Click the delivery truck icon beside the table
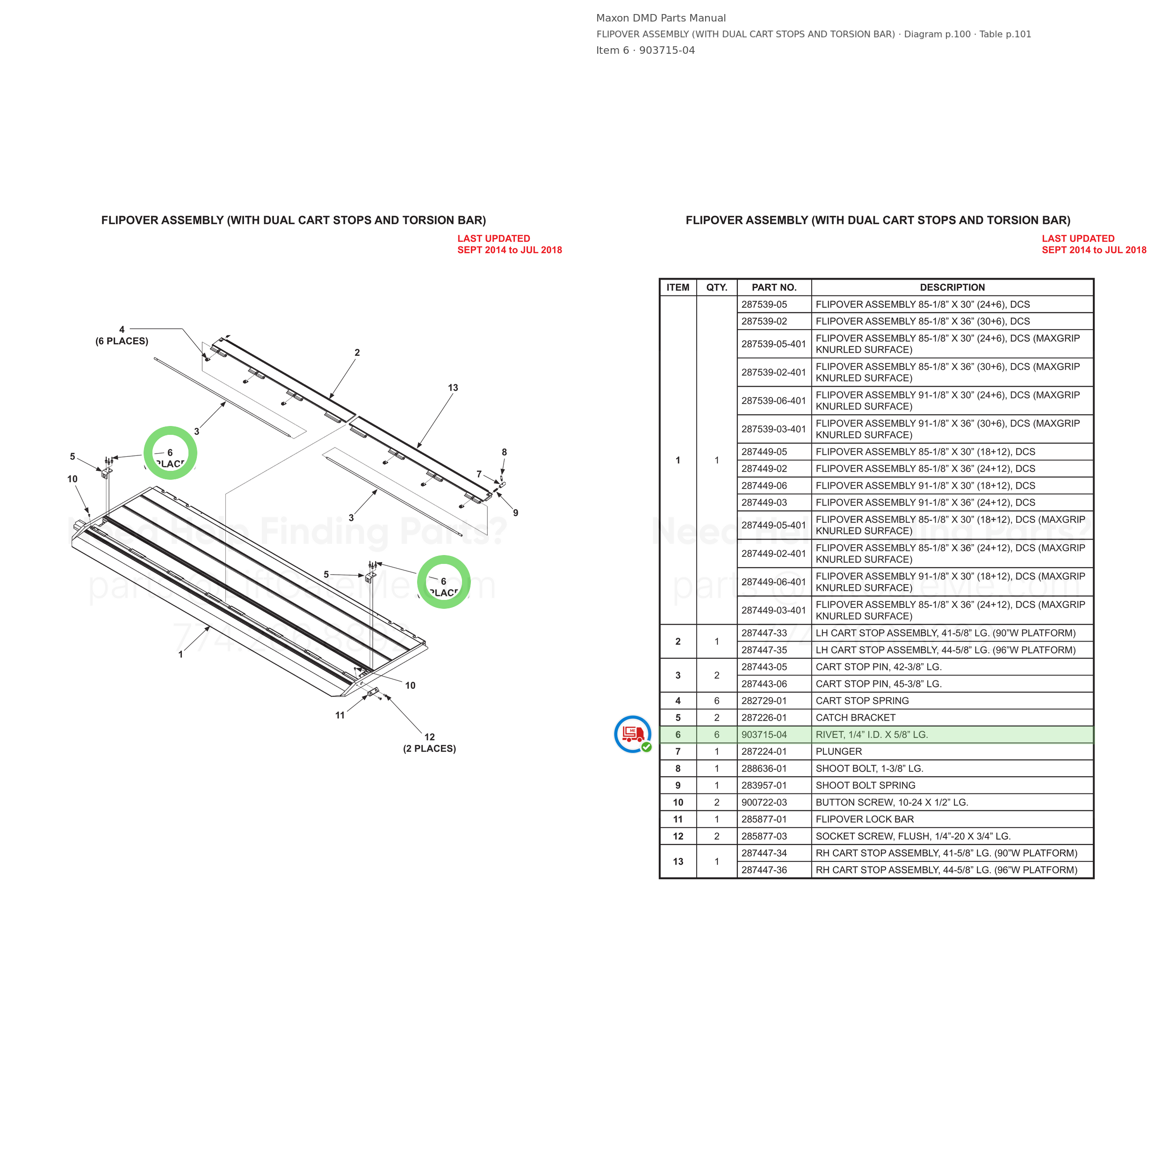click(x=632, y=734)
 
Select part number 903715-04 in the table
click(x=764, y=735)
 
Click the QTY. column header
click(x=716, y=288)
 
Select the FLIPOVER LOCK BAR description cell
click(x=865, y=819)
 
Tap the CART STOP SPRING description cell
click(x=862, y=700)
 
